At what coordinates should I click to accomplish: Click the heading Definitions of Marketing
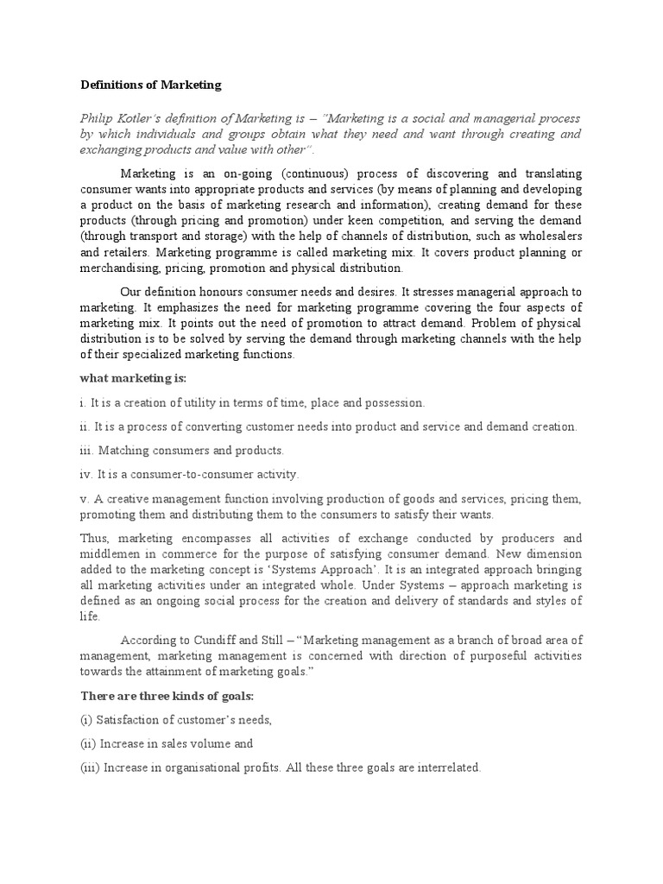tap(151, 85)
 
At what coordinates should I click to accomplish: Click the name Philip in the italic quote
tap(97, 118)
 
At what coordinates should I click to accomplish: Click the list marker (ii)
tap(88, 743)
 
